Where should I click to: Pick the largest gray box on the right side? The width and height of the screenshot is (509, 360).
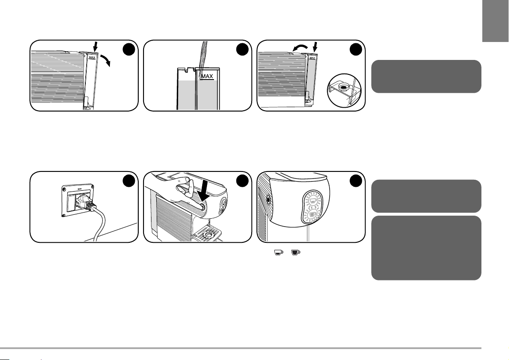click(x=426, y=248)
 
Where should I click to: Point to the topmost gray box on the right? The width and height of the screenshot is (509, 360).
click(x=426, y=77)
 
